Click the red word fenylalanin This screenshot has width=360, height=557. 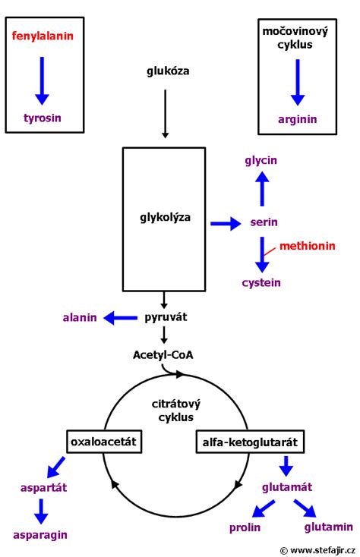click(x=43, y=36)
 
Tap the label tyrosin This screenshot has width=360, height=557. click(x=43, y=118)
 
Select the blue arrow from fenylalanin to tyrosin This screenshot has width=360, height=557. click(x=42, y=80)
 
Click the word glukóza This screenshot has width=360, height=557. click(x=168, y=71)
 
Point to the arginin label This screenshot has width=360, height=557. click(x=298, y=119)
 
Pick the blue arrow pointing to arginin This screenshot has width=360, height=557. click(x=298, y=83)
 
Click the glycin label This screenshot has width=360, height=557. click(x=261, y=161)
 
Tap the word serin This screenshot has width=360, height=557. click(x=264, y=222)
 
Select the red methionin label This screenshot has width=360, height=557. click(x=308, y=246)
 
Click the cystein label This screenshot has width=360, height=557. click(x=261, y=283)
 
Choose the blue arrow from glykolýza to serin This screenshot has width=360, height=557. click(x=226, y=223)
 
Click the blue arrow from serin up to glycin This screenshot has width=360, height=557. click(x=262, y=189)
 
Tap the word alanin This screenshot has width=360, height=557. click(x=80, y=317)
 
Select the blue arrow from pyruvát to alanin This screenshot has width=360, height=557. click(x=121, y=318)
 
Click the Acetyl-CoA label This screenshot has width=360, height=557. click(x=163, y=355)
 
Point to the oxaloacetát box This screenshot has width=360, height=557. click(x=104, y=442)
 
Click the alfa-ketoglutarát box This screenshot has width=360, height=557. click(x=250, y=442)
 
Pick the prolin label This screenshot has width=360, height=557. click(x=245, y=528)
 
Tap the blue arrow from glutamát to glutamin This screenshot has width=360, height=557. click(x=305, y=508)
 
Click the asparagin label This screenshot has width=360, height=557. click(x=40, y=535)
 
